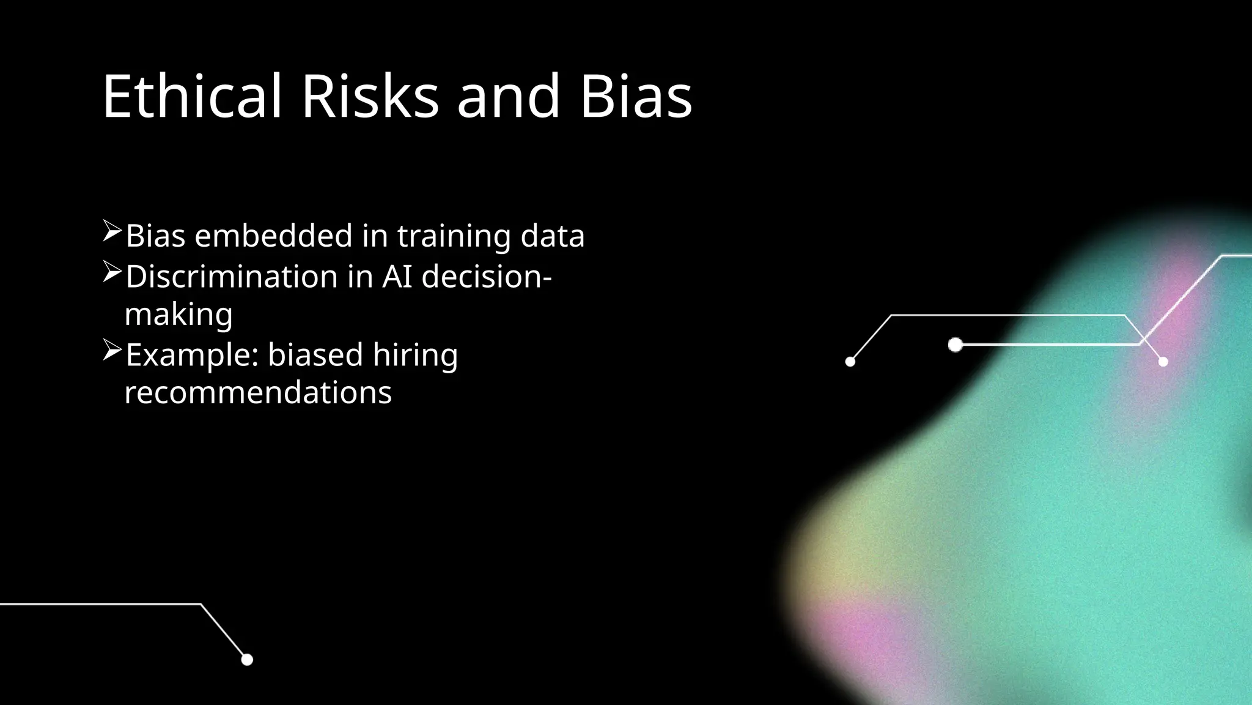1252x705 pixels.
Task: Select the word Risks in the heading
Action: (x=370, y=96)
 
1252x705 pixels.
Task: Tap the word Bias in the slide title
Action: (x=636, y=96)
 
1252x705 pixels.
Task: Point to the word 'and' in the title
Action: (x=508, y=96)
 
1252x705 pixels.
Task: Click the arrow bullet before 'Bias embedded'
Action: (x=112, y=231)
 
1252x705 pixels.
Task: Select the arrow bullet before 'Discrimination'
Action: (x=112, y=272)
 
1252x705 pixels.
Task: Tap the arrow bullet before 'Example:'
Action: (x=112, y=350)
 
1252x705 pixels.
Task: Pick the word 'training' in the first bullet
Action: (x=454, y=237)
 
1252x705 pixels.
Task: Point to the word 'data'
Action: (x=552, y=236)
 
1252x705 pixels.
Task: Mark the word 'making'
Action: (x=179, y=315)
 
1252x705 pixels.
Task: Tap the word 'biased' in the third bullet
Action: (x=315, y=355)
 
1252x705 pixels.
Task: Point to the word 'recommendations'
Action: (x=258, y=392)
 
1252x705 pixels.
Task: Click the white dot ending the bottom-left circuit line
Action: (x=247, y=659)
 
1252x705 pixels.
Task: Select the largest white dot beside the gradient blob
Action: (x=956, y=345)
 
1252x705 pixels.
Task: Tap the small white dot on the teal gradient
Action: (x=1163, y=362)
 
